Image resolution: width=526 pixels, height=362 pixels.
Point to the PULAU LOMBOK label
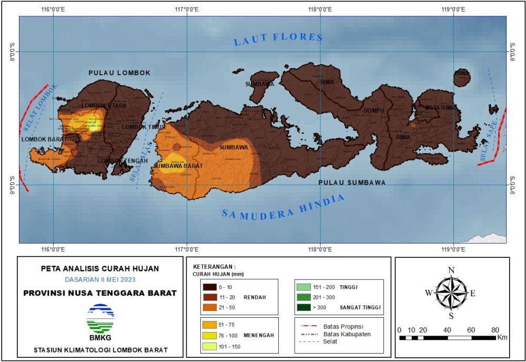pos(119,73)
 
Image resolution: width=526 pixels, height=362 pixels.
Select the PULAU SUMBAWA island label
pos(351,183)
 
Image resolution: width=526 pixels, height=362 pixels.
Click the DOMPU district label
pos(374,110)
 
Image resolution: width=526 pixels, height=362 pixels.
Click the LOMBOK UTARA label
pos(100,105)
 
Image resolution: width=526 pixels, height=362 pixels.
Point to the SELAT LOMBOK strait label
pos(40,108)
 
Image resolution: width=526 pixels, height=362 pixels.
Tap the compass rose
pos(451,293)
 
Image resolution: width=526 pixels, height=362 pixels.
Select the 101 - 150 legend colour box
pos(209,347)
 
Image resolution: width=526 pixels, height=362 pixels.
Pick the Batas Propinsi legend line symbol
pos(307,325)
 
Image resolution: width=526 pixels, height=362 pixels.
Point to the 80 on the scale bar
pos(495,330)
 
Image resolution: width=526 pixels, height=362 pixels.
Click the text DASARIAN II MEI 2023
pos(100,280)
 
